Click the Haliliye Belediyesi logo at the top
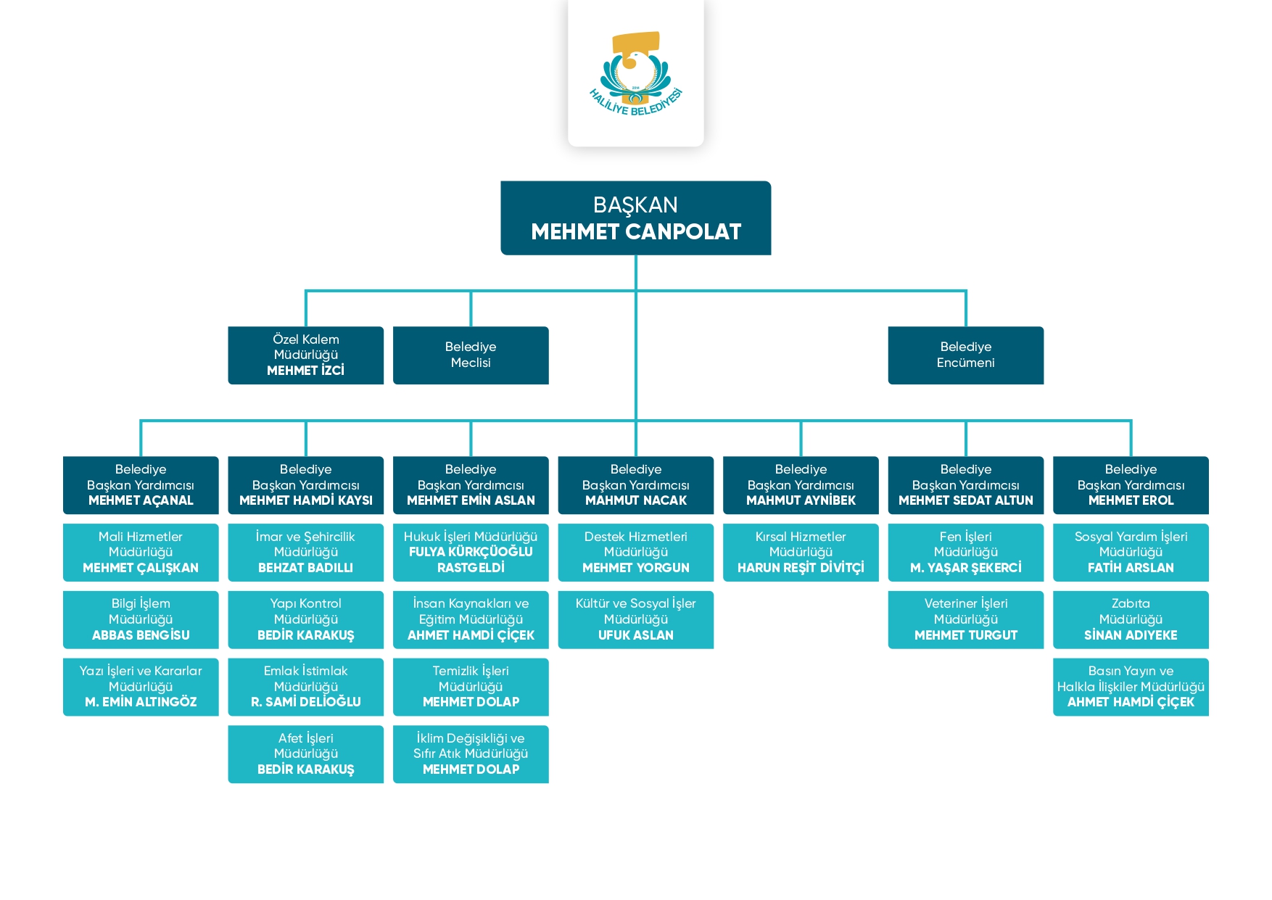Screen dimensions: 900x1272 point(635,73)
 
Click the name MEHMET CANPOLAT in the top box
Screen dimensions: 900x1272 point(635,232)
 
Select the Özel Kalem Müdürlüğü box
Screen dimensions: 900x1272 point(305,355)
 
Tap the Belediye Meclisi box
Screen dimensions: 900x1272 point(471,355)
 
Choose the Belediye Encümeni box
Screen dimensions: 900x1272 point(965,355)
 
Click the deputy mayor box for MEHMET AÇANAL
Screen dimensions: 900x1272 point(141,484)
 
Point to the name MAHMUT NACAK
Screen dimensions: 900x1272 point(635,500)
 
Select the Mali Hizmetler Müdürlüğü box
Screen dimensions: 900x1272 point(141,552)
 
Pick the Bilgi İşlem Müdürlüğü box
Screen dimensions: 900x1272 point(141,619)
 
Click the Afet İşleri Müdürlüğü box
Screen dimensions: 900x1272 point(305,754)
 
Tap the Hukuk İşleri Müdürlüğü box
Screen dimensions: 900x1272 point(471,552)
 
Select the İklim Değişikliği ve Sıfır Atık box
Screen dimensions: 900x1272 point(471,754)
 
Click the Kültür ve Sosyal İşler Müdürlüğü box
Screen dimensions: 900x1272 point(635,619)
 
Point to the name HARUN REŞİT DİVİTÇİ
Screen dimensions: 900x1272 point(801,568)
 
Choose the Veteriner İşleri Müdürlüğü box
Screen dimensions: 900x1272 point(965,619)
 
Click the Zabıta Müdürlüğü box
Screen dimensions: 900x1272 point(1131,619)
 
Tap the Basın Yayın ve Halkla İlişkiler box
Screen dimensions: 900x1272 point(1131,686)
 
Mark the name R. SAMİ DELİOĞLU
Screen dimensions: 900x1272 point(305,702)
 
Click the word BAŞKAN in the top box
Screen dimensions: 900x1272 point(635,205)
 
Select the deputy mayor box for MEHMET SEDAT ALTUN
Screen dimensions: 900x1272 point(965,484)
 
